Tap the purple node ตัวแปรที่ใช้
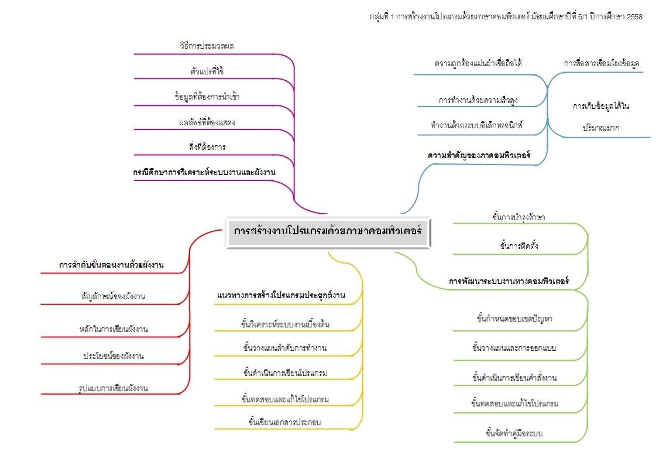point(207,71)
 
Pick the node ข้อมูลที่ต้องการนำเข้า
point(207,97)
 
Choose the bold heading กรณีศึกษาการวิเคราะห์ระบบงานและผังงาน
point(204,172)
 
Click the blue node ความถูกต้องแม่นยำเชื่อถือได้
point(479,63)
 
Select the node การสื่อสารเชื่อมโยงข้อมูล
point(601,63)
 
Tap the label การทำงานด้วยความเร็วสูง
point(478,100)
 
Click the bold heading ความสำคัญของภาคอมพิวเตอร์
point(479,156)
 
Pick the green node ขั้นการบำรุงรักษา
point(519,217)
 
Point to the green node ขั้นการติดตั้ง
point(519,246)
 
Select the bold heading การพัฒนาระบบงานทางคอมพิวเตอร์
point(509,281)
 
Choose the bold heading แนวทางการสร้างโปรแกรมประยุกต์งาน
point(280,296)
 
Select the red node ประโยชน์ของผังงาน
point(114,356)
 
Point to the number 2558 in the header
point(634,17)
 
